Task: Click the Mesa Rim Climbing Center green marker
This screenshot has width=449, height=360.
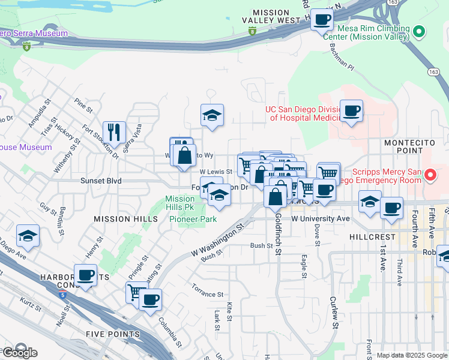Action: click(420, 31)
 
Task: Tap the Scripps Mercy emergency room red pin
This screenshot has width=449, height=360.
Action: click(430, 176)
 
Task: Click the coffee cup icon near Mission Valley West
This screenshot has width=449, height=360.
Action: click(322, 19)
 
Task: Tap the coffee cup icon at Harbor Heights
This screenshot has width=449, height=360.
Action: click(85, 275)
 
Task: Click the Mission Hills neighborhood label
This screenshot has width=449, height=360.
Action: click(125, 220)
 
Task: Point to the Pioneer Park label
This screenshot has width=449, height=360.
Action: click(192, 220)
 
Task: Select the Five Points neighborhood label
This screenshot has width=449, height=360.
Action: click(112, 334)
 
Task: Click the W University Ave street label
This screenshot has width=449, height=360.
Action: click(321, 219)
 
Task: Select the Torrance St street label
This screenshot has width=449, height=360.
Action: click(207, 295)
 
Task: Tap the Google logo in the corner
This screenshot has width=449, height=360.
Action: click(20, 353)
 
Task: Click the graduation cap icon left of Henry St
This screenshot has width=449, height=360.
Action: click(28, 236)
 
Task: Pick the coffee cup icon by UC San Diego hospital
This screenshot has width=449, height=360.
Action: click(352, 111)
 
